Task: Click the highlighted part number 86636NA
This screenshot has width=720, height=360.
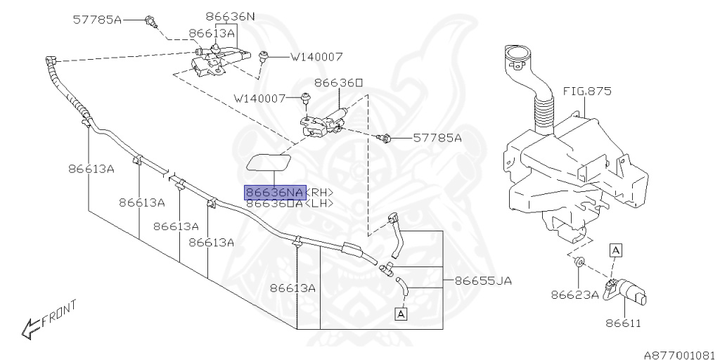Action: point(274,192)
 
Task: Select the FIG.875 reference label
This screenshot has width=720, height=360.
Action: point(587,91)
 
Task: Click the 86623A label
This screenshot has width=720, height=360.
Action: point(574,295)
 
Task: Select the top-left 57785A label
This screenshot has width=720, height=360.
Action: point(97,20)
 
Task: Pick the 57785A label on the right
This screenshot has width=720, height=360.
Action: point(437,138)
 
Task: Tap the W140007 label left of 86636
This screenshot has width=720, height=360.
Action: point(259,98)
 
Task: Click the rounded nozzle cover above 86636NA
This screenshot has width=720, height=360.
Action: point(270,162)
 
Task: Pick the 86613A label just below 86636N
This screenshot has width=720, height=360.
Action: point(212,32)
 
